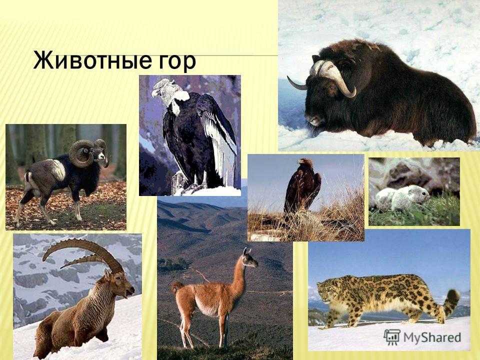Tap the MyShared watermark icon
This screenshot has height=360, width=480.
[x=391, y=337]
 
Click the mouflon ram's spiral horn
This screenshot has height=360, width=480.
[x=81, y=153]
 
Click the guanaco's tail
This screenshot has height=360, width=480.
[x=176, y=289]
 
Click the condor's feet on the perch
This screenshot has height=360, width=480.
[x=194, y=186]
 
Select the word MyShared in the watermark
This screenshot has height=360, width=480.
[x=432, y=337]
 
